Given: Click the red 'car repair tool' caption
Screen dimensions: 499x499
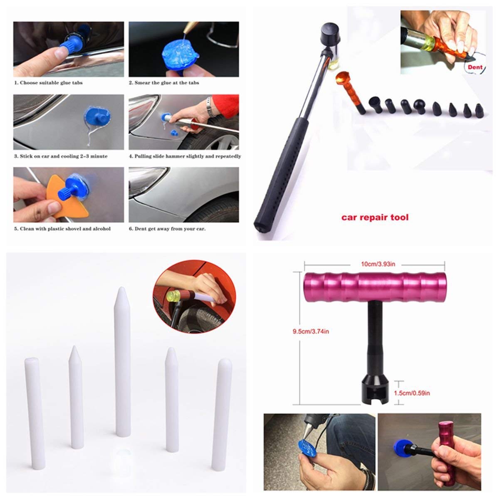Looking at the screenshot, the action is [x=375, y=217].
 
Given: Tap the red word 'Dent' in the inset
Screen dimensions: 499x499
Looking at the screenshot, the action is [x=475, y=67].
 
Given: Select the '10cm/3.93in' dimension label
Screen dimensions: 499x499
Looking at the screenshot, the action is [x=378, y=264].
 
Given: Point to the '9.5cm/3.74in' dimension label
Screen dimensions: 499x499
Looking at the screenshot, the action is [x=311, y=331].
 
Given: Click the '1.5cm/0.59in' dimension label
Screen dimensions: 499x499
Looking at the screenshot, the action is [x=412, y=393].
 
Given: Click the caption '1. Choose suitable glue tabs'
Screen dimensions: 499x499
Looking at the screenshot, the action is [x=48, y=83].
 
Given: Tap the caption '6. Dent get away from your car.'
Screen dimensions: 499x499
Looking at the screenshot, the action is [x=167, y=229].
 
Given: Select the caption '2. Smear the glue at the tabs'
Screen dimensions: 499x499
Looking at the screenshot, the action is [x=164, y=83].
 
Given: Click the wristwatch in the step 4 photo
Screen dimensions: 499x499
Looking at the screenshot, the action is [x=209, y=107].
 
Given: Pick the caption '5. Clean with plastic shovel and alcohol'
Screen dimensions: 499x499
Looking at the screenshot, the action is [x=62, y=229].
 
